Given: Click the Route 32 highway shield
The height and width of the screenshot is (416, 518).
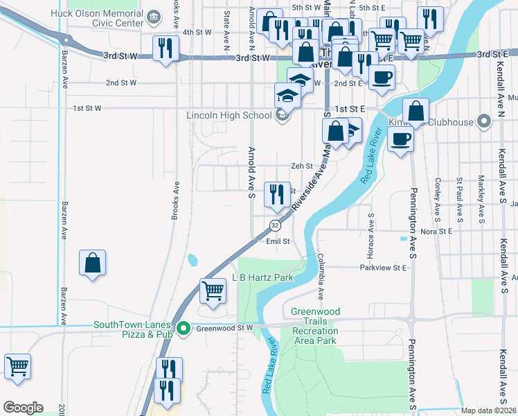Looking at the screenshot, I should [x=275, y=225].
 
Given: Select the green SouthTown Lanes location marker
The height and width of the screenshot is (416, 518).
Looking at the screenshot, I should [x=184, y=328].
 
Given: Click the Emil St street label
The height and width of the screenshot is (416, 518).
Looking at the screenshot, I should [x=277, y=241].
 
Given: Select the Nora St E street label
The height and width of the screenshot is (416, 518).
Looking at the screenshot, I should [x=436, y=231].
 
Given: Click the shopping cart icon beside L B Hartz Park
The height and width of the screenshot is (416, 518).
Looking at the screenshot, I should [x=213, y=290].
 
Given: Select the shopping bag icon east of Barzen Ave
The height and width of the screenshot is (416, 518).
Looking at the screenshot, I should [x=92, y=263].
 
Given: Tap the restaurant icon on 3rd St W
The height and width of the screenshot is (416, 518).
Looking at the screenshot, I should [x=165, y=48].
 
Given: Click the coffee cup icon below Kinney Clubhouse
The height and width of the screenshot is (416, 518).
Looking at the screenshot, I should [x=400, y=140].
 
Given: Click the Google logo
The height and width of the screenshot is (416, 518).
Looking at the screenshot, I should [x=23, y=408].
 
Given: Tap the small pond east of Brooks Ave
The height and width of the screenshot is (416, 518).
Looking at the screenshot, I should [x=192, y=261].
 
